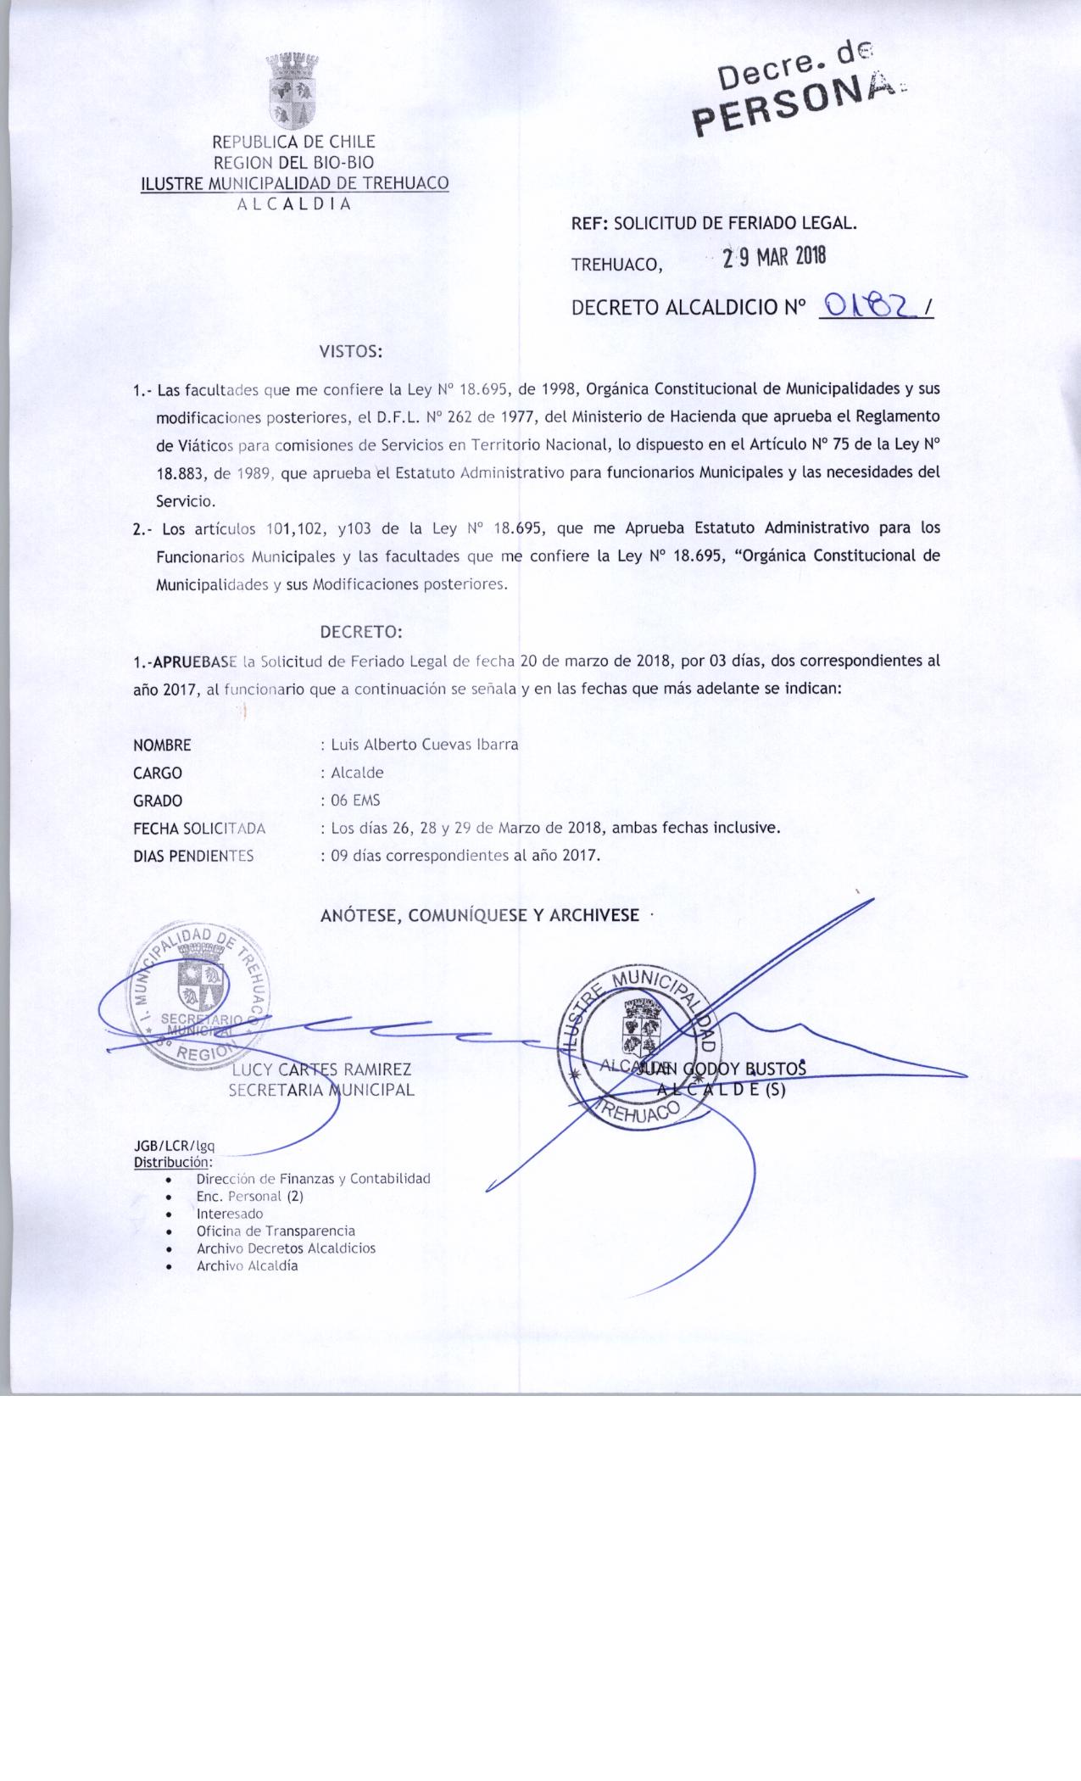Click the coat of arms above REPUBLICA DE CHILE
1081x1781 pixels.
pyautogui.click(x=293, y=92)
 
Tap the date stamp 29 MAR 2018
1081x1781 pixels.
pyautogui.click(x=773, y=258)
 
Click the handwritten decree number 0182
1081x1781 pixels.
pyautogui.click(x=868, y=306)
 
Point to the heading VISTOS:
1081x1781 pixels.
pyautogui.click(x=351, y=351)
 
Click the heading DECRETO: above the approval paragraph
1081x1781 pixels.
pyautogui.click(x=361, y=633)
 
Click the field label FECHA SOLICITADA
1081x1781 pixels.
pyautogui.click(x=199, y=828)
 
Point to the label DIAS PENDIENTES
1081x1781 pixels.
pyautogui.click(x=193, y=856)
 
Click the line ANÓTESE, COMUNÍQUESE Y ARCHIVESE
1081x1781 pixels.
pyautogui.click(x=480, y=916)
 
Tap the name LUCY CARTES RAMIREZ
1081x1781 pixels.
pyautogui.click(x=321, y=1070)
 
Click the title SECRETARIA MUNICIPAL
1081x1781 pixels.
pyautogui.click(x=321, y=1091)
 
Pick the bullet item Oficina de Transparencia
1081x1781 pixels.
pyautogui.click(x=276, y=1231)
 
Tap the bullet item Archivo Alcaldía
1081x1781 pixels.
pyautogui.click(x=247, y=1265)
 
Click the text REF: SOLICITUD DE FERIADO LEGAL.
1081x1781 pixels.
pyautogui.click(x=714, y=224)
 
